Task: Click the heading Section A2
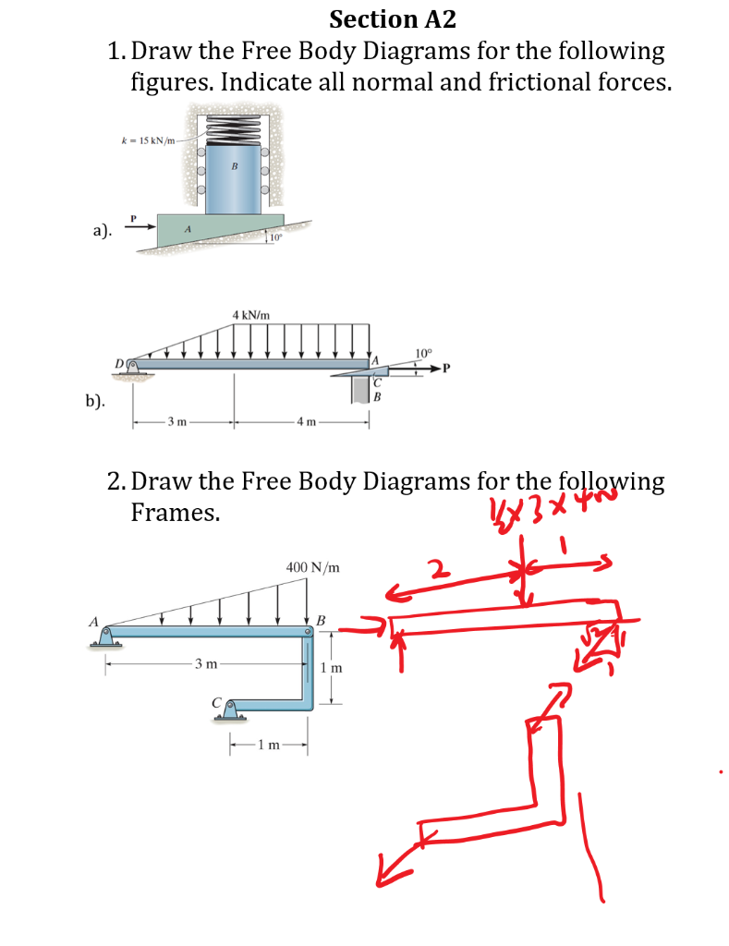[x=392, y=18]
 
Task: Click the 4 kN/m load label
[x=251, y=315]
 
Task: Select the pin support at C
[x=231, y=709]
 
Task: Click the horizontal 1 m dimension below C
[x=267, y=746]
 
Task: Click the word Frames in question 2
[x=176, y=513]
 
